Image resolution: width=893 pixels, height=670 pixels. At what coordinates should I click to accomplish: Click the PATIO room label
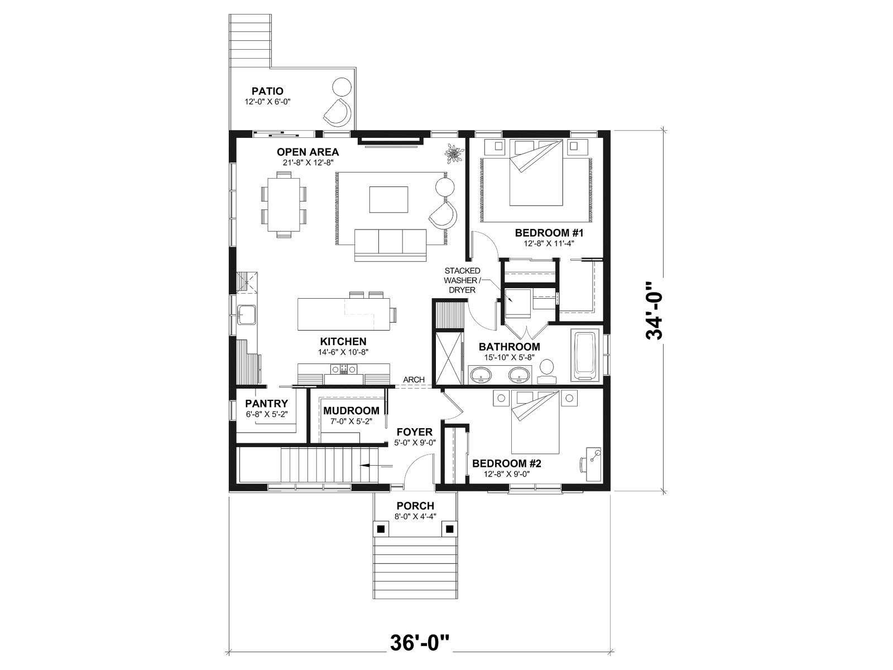pyautogui.click(x=267, y=91)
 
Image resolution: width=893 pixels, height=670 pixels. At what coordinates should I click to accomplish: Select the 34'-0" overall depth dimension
pyautogui.click(x=655, y=310)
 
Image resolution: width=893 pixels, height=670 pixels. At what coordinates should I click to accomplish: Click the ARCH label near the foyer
pyautogui.click(x=414, y=380)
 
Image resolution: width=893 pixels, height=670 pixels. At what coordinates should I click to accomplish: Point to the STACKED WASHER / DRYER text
pyautogui.click(x=462, y=280)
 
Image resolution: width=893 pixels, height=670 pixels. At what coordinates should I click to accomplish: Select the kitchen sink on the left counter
pyautogui.click(x=247, y=315)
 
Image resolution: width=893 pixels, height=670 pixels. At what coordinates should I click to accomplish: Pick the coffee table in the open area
pyautogui.click(x=388, y=199)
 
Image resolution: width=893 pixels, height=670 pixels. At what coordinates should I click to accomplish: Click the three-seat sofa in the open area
pyautogui.click(x=390, y=245)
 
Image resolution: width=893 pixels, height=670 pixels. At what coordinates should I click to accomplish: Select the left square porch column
pyautogui.click(x=381, y=529)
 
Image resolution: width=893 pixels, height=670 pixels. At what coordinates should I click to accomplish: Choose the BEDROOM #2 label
pyautogui.click(x=507, y=464)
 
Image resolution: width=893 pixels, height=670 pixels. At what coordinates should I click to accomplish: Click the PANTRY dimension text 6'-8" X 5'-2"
pyautogui.click(x=266, y=414)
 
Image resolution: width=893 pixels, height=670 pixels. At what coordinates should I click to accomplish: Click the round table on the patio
pyautogui.click(x=342, y=88)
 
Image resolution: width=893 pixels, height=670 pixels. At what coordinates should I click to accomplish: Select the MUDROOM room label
pyautogui.click(x=352, y=411)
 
